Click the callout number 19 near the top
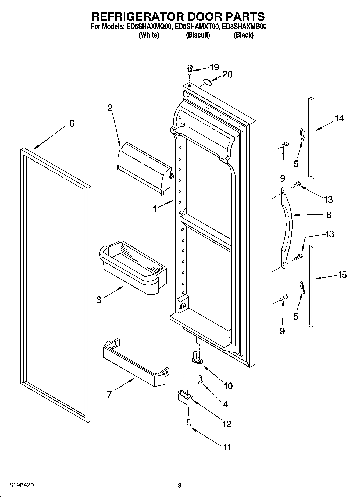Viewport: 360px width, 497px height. (214, 67)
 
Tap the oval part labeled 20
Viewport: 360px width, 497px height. (208, 82)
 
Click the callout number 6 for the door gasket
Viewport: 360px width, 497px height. (72, 124)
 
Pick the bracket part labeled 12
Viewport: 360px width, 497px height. (185, 396)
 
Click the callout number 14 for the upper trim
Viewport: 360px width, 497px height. (339, 118)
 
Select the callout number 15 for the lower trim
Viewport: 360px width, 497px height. (342, 275)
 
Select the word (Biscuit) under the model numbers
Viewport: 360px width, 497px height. (198, 35)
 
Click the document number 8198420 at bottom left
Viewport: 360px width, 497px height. (22, 485)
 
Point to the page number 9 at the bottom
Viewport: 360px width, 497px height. (180, 485)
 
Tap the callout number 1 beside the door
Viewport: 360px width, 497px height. (155, 209)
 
